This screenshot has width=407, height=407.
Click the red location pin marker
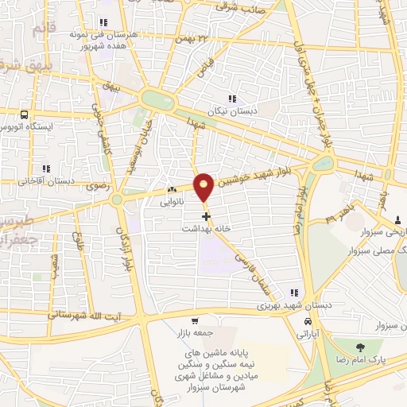pyautogui.click(x=204, y=187)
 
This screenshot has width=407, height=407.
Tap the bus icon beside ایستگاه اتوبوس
pyautogui.click(x=25, y=114)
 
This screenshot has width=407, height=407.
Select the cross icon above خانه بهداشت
pyautogui.click(x=206, y=215)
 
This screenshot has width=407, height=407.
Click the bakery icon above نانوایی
pyautogui.click(x=171, y=191)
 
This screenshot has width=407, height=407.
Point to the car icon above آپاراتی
pyautogui.click(x=308, y=320)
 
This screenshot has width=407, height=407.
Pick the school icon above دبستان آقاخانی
pyautogui.click(x=47, y=169)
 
